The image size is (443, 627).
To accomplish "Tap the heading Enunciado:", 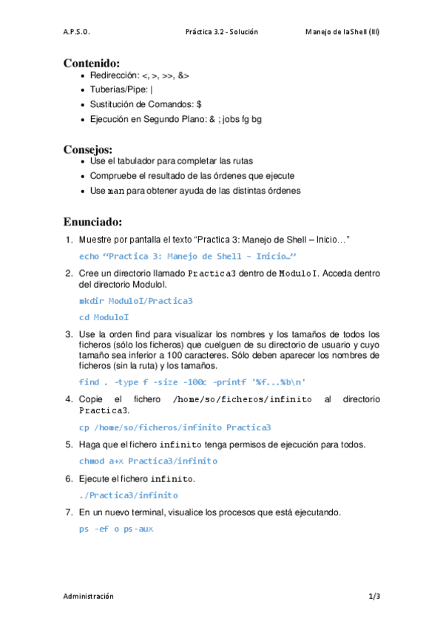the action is (x=92, y=221).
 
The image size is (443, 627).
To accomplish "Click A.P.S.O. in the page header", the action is (x=77, y=32).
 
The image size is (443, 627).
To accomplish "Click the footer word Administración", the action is (x=89, y=595).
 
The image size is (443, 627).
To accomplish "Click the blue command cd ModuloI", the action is (x=104, y=317).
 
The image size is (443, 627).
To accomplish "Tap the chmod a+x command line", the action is (x=148, y=461).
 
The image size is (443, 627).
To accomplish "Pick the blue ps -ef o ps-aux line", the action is (x=115, y=529).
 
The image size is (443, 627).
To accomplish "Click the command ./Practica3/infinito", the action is (x=128, y=495).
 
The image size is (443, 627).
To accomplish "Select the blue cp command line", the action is (x=175, y=427).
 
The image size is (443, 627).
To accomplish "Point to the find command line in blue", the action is (x=192, y=382).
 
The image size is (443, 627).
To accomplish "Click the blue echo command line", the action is (x=187, y=256).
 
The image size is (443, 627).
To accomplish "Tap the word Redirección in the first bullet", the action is (x=113, y=75).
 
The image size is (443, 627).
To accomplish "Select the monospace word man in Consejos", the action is (x=115, y=191).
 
